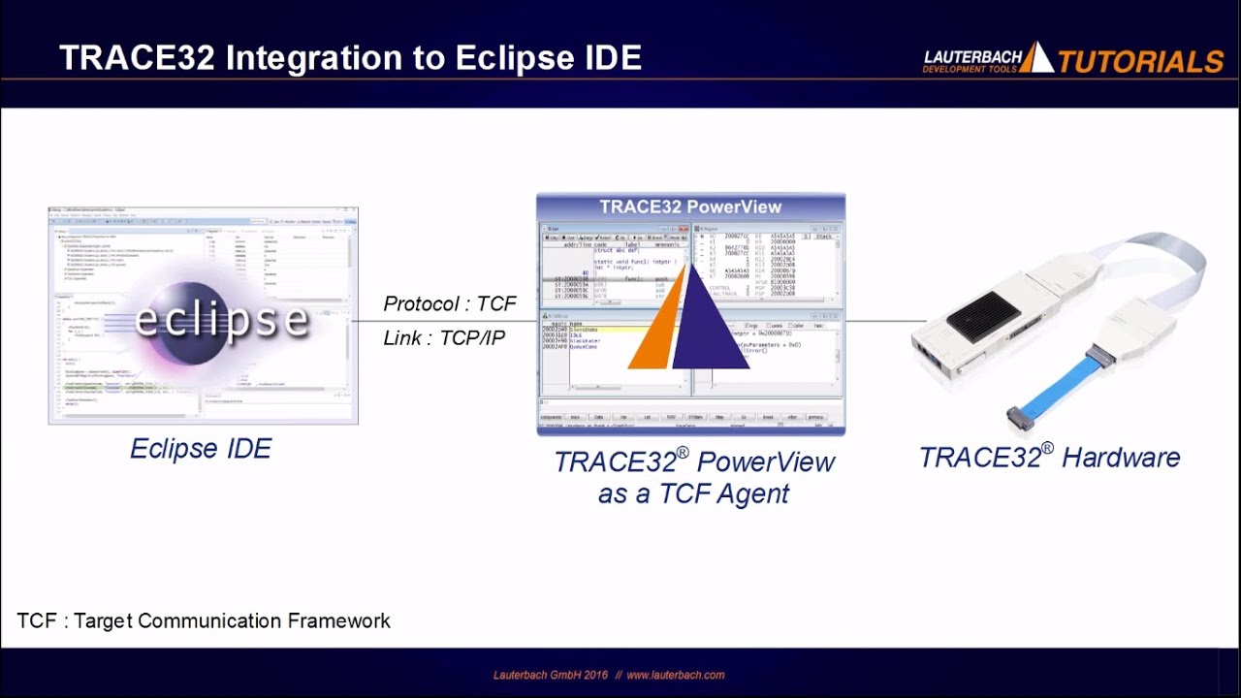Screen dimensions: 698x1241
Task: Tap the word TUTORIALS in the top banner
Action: [x=1140, y=62]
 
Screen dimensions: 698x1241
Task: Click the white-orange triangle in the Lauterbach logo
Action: [x=1035, y=58]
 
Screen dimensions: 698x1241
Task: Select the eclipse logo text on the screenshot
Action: [x=221, y=319]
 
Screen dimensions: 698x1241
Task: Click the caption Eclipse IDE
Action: [x=201, y=448]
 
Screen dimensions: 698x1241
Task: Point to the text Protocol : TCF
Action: [x=449, y=303]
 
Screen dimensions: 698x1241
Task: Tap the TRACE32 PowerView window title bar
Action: [x=690, y=206]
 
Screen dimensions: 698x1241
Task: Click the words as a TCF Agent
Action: [x=693, y=493]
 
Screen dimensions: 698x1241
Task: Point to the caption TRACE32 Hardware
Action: [x=1049, y=458]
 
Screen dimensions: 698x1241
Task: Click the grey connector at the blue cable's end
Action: [x=1020, y=418]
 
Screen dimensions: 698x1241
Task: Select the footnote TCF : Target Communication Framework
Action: [x=204, y=620]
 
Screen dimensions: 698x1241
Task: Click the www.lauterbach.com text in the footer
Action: [x=675, y=675]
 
